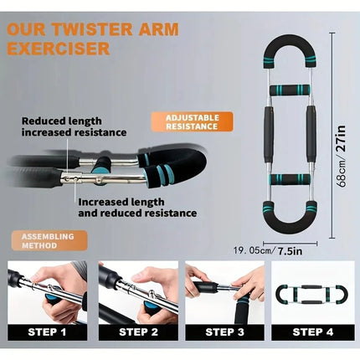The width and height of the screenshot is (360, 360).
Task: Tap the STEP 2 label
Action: click(136, 332)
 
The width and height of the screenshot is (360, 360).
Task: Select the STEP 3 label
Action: click(224, 332)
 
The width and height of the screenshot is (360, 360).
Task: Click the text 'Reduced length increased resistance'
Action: click(74, 126)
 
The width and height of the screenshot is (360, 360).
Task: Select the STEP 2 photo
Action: click(136, 292)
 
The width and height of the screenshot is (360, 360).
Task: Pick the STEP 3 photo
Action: click(224, 292)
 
